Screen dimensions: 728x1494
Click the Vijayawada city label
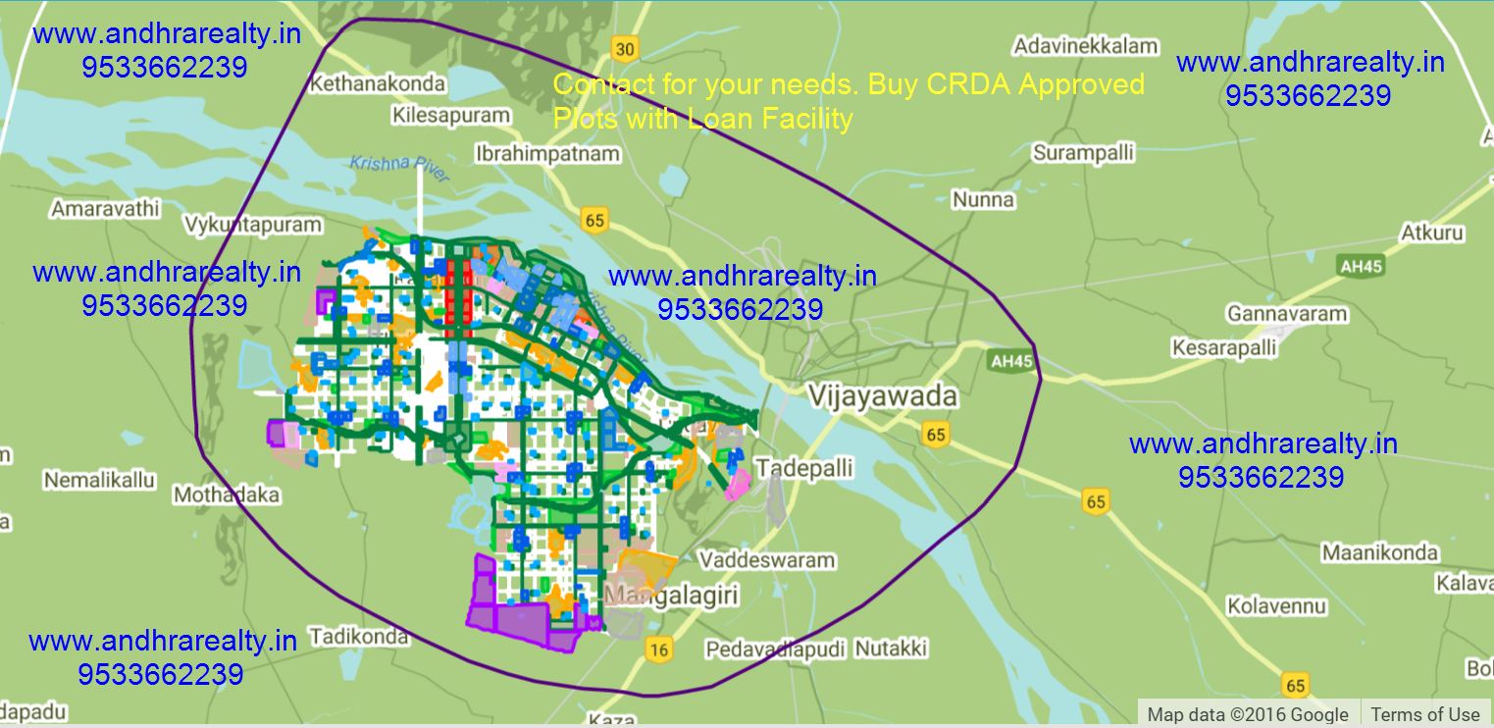click(881, 397)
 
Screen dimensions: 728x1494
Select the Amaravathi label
click(105, 209)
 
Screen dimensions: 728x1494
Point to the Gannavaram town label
click(1286, 315)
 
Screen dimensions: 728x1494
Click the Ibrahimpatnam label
click(547, 154)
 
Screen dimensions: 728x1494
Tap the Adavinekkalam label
click(1085, 46)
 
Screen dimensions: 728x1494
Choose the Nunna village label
click(983, 200)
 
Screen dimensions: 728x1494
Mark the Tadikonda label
click(358, 637)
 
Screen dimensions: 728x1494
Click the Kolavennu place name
click(1276, 606)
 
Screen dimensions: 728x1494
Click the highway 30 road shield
click(623, 48)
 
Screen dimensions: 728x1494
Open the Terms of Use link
click(1424, 714)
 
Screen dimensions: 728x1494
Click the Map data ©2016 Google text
click(1248, 714)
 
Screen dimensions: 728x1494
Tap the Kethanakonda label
click(377, 84)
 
